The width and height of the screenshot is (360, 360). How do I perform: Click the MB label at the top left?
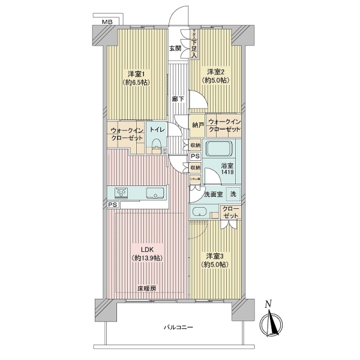[x=106, y=22]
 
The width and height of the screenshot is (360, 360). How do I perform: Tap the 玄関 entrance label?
[x=175, y=48]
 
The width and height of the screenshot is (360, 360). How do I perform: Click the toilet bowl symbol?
[x=157, y=143]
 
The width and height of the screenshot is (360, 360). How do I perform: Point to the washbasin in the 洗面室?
[x=199, y=212]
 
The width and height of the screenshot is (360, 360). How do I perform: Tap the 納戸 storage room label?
[x=197, y=124]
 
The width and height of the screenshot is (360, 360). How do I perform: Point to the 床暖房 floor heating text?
[x=146, y=288]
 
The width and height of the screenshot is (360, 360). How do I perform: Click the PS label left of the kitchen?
[x=113, y=205]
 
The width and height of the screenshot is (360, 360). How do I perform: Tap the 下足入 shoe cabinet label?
[x=195, y=44]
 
